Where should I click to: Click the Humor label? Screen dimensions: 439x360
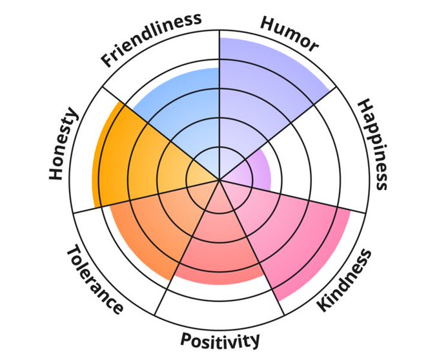tap(289, 33)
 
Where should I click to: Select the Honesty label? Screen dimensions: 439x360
tap(64, 143)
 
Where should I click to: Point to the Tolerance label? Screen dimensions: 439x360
tap(95, 280)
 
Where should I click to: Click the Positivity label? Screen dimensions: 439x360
tap(220, 340)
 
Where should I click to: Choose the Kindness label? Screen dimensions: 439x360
tap(345, 279)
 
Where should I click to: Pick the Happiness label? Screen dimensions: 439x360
tap(373, 144)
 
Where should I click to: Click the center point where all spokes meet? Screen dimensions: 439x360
tap(219, 180)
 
